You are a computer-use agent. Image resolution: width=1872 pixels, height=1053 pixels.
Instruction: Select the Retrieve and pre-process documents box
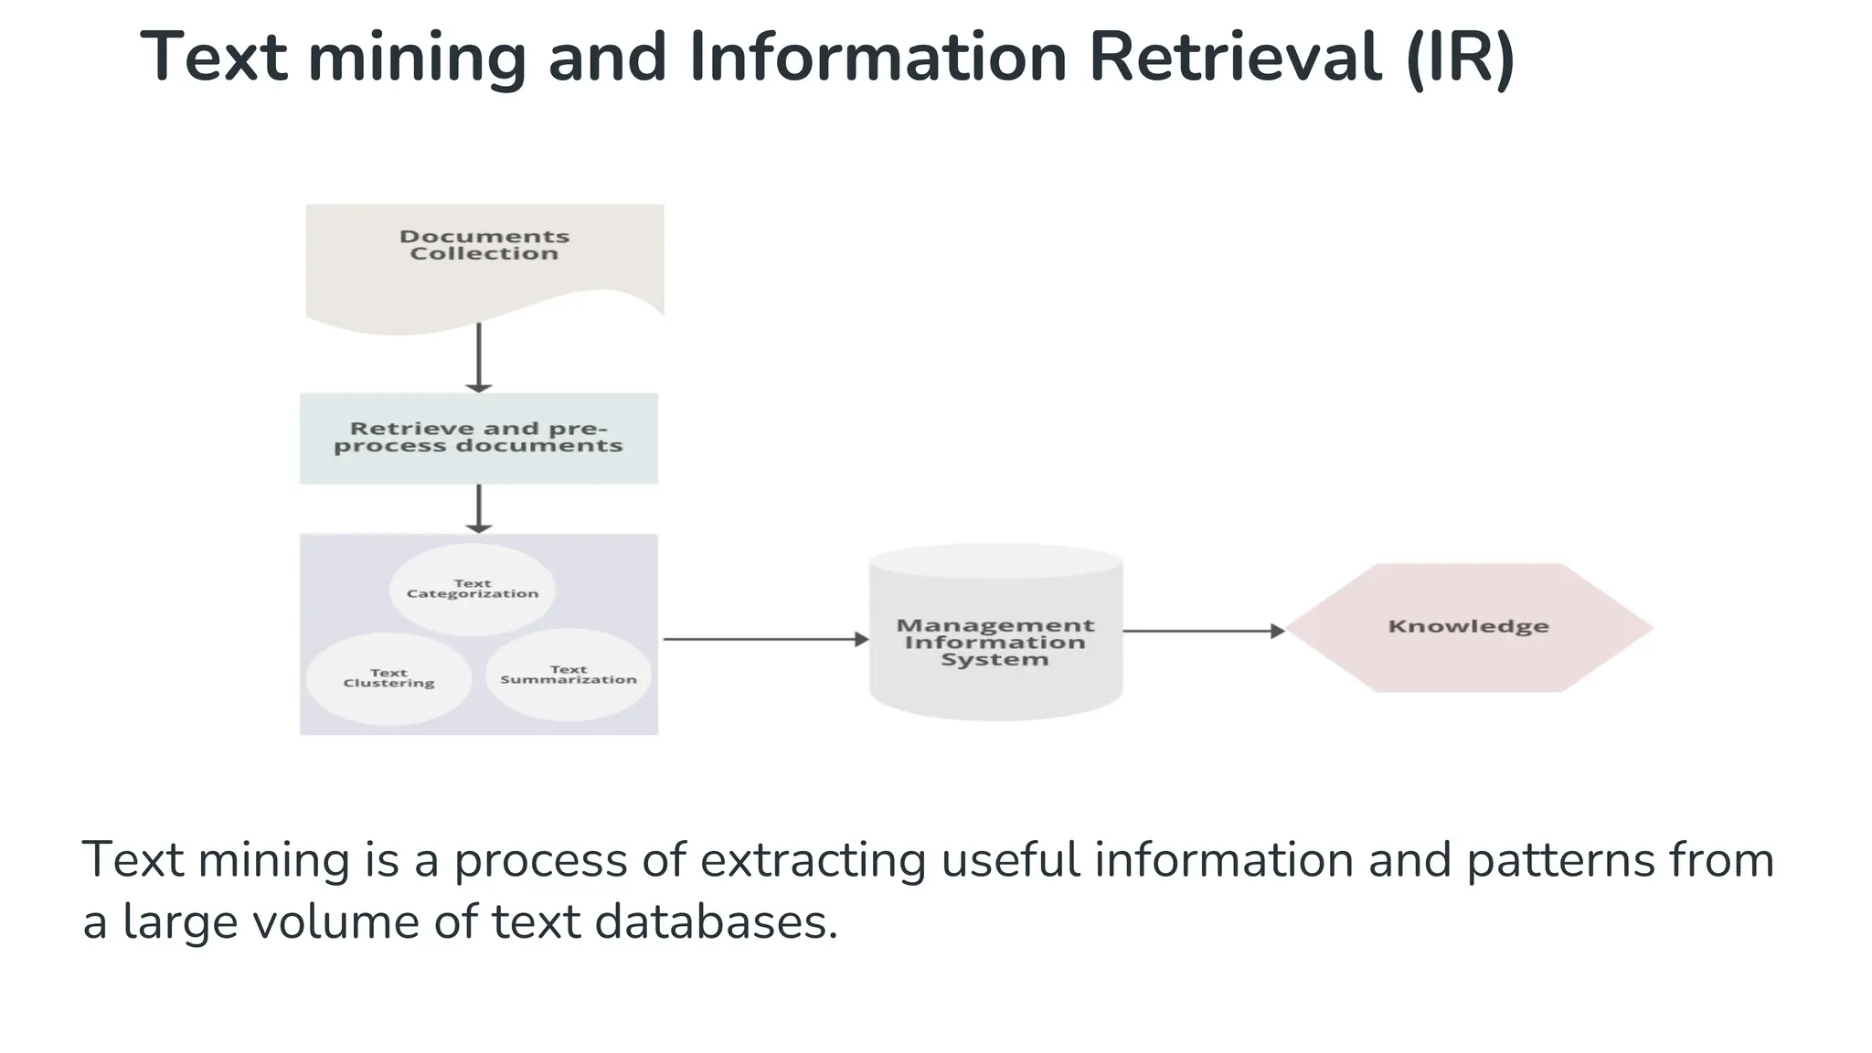point(478,438)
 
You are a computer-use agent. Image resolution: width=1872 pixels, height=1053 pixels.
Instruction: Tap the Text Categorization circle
point(473,589)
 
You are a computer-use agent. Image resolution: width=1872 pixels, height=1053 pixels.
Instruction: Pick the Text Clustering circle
point(388,678)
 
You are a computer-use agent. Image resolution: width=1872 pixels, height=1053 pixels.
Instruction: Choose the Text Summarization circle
point(568,675)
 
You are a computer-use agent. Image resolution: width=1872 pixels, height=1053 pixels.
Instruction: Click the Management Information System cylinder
point(995,640)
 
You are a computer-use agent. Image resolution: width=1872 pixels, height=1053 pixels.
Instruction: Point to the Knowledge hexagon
point(1468,627)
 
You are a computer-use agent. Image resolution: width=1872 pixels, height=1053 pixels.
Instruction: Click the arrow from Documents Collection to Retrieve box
point(479,357)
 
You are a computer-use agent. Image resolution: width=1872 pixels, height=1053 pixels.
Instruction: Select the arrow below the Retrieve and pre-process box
point(479,508)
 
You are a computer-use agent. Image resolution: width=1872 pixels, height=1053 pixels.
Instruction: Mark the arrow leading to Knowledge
point(1203,631)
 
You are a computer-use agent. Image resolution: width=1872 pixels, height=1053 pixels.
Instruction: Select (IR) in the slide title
point(1460,58)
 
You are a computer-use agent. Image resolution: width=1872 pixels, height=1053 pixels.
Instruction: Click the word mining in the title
point(417,58)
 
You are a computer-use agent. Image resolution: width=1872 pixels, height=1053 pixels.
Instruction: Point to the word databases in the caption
point(716,921)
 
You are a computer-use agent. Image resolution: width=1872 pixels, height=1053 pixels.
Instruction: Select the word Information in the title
point(877,58)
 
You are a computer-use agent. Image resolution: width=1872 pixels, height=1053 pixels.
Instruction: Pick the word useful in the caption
point(1009,861)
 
